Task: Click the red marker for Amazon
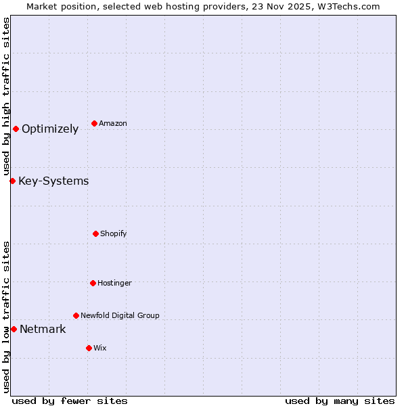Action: coord(94,123)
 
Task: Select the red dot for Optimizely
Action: coord(16,129)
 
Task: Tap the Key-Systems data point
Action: coord(12,181)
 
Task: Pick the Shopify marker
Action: coord(95,233)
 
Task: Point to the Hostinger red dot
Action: coord(93,283)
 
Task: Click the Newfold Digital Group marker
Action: coord(76,315)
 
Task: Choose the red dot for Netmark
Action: coord(14,329)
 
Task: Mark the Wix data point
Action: coord(89,348)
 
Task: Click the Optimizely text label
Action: coord(50,129)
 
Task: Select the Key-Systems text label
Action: coord(53,181)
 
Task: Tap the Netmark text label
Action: coord(43,330)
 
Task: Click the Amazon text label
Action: coord(113,123)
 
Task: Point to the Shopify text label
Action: coord(114,233)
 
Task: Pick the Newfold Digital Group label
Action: coord(120,315)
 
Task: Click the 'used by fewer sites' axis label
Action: coord(70,401)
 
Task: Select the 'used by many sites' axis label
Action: coord(340,401)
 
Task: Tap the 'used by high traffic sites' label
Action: coord(6,97)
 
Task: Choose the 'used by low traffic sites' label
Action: coord(6,317)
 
